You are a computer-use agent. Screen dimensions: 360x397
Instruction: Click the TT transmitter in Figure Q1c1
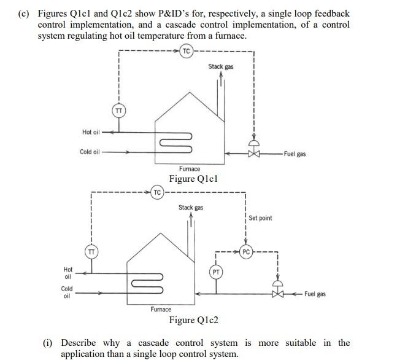click(x=119, y=111)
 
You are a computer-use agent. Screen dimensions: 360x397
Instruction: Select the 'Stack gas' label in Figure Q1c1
click(x=220, y=66)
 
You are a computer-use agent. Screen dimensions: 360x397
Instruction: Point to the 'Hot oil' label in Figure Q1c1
click(x=91, y=132)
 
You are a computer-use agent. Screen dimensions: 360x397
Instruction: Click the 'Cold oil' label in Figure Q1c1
click(x=90, y=152)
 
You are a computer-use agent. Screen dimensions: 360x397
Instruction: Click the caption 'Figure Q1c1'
click(x=195, y=179)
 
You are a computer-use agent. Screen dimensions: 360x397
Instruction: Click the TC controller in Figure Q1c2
click(x=157, y=192)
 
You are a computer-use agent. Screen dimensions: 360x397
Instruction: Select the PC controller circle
click(x=246, y=252)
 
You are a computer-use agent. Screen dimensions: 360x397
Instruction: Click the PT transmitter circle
click(x=216, y=271)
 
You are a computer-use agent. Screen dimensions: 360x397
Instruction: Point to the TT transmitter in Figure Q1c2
click(x=91, y=251)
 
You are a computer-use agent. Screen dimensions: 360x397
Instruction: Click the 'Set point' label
click(x=260, y=218)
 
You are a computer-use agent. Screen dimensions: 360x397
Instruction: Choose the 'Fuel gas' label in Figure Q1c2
click(x=315, y=294)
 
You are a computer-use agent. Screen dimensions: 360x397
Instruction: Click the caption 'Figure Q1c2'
click(x=193, y=320)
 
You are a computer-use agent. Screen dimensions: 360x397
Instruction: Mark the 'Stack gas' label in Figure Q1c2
click(x=190, y=208)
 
